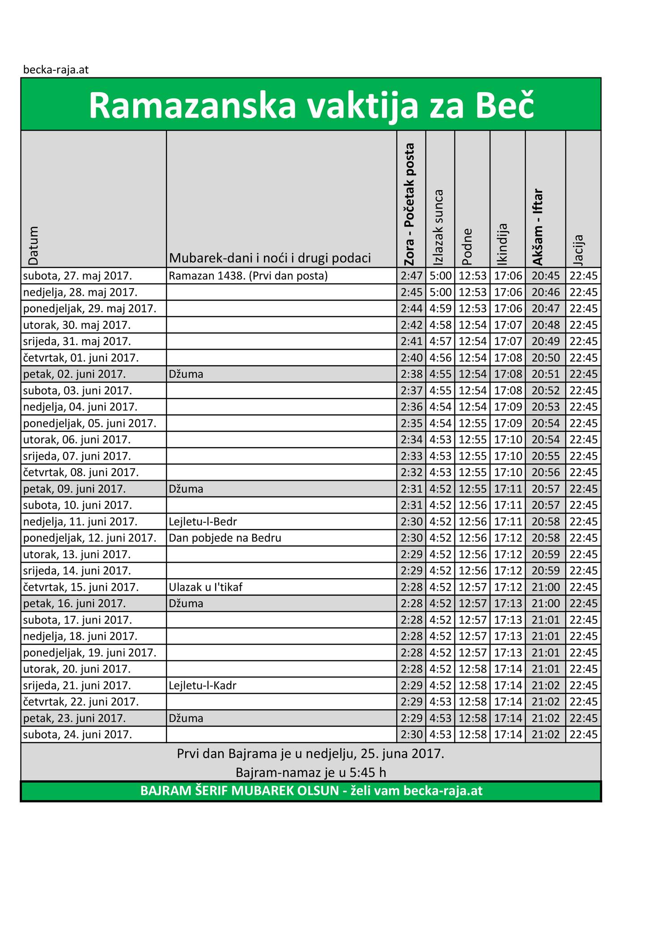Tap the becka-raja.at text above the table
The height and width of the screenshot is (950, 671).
coord(56,70)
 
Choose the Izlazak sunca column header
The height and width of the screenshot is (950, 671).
coord(438,228)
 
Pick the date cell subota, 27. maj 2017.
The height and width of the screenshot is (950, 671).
coord(77,276)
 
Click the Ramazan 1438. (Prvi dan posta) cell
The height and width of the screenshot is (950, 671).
coord(248,276)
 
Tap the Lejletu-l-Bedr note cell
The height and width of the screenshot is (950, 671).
coord(203,521)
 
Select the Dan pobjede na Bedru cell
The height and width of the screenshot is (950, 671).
coord(225,538)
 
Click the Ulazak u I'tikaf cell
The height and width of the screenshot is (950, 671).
coord(206,587)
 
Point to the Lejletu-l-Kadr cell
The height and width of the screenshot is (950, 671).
coord(203,685)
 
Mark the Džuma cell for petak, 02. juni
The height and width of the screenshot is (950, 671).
coord(186,374)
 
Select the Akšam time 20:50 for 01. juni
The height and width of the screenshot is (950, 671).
coord(545,358)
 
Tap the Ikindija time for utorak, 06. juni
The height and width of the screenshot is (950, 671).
coord(508,439)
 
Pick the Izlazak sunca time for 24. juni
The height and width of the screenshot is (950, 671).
coord(441,734)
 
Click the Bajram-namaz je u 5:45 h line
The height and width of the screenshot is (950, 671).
coord(310,772)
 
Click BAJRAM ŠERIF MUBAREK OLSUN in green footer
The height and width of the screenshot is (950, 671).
coord(239,791)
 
